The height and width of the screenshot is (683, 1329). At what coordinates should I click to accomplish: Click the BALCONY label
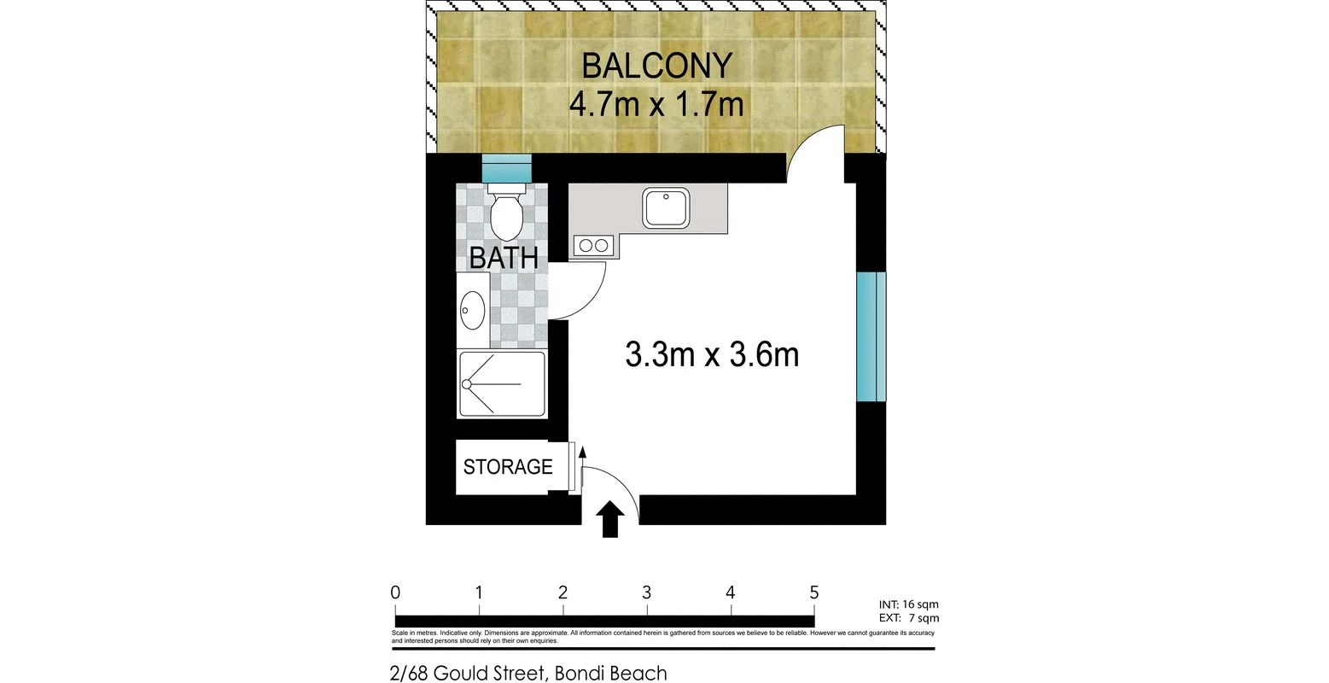[656, 66]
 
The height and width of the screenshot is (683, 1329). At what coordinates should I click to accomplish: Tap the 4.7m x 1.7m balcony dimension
[656, 104]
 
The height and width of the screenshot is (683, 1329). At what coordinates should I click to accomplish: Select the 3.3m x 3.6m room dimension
[712, 354]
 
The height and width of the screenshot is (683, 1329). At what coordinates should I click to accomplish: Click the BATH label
[504, 257]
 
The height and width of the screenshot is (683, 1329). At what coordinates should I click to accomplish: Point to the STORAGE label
[508, 467]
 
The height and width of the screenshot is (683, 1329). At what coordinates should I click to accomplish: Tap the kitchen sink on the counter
[666, 208]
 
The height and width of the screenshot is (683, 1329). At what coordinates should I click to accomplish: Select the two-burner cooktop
[592, 246]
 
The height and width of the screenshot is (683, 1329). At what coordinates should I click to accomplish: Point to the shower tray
[501, 384]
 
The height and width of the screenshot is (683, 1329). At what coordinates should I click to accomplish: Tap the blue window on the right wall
[871, 336]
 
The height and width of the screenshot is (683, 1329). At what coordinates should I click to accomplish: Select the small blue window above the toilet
[506, 167]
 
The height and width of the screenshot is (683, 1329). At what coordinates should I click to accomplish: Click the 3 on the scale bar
[647, 593]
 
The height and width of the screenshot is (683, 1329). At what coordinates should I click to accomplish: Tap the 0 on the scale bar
[395, 593]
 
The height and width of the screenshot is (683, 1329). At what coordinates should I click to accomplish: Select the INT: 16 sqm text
[908, 604]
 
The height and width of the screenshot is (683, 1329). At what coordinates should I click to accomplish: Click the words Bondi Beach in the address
[610, 673]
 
